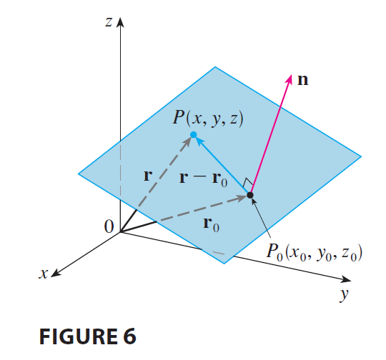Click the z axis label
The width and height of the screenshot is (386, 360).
point(109,22)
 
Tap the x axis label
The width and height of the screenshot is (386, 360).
point(44,274)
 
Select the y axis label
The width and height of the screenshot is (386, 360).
point(344,294)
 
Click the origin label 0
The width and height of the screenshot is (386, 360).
point(109,226)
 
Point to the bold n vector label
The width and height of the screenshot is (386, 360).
point(302,80)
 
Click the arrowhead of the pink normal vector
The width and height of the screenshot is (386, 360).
point(289,79)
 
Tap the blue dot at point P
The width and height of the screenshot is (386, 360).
point(194,134)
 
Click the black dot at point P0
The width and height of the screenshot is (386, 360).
point(250,195)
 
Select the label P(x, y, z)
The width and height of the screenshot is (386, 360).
point(208,119)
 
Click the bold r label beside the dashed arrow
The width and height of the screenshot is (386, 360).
point(148,176)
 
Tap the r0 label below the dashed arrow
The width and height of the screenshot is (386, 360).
point(211,224)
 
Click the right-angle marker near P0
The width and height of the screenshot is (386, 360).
point(247,183)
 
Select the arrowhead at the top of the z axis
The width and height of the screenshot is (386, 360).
point(120,22)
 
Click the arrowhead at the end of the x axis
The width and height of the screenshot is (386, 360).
point(55,273)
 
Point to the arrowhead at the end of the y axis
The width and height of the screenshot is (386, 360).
point(347,279)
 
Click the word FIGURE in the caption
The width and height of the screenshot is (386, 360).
point(79,336)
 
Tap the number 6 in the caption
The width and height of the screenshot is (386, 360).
point(129,336)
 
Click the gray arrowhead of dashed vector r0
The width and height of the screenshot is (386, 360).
point(242,198)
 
